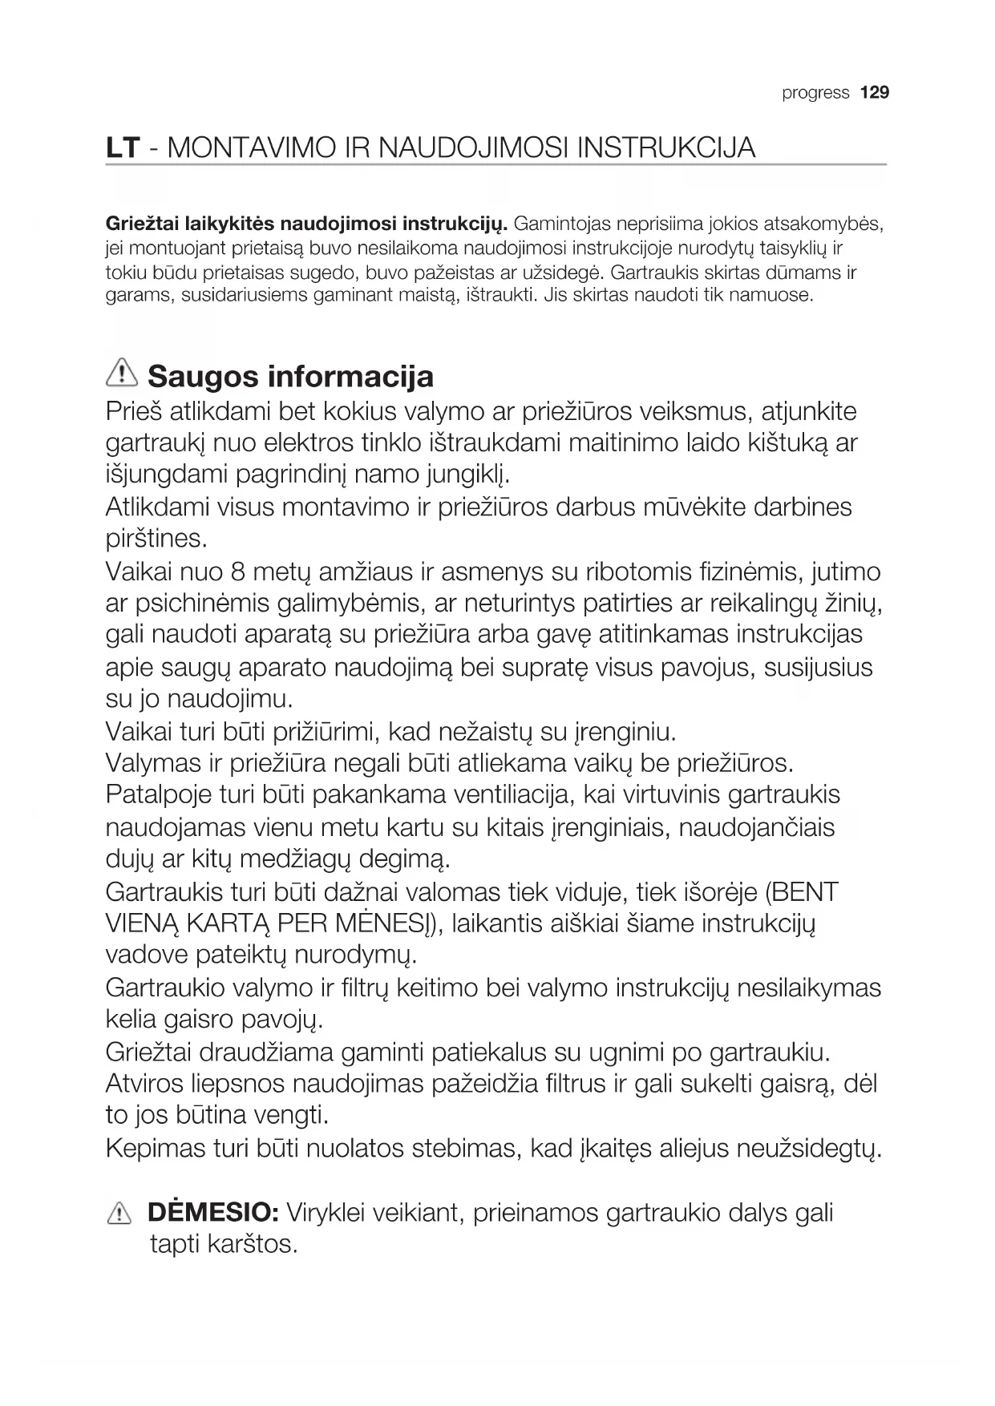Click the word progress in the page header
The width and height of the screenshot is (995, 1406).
tap(815, 93)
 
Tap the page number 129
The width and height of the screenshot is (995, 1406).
tap(875, 93)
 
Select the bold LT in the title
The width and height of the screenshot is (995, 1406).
tap(123, 148)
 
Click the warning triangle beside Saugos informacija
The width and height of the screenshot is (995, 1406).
tap(122, 374)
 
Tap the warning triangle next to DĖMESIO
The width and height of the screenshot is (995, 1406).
tap(118, 1214)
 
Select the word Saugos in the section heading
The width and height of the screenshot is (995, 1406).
tap(203, 376)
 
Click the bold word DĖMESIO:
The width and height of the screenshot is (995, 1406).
tap(213, 1212)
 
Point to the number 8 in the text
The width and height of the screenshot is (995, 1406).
tap(237, 572)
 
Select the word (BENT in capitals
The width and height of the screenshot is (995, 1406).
tap(801, 891)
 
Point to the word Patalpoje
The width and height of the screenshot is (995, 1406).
tap(158, 794)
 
